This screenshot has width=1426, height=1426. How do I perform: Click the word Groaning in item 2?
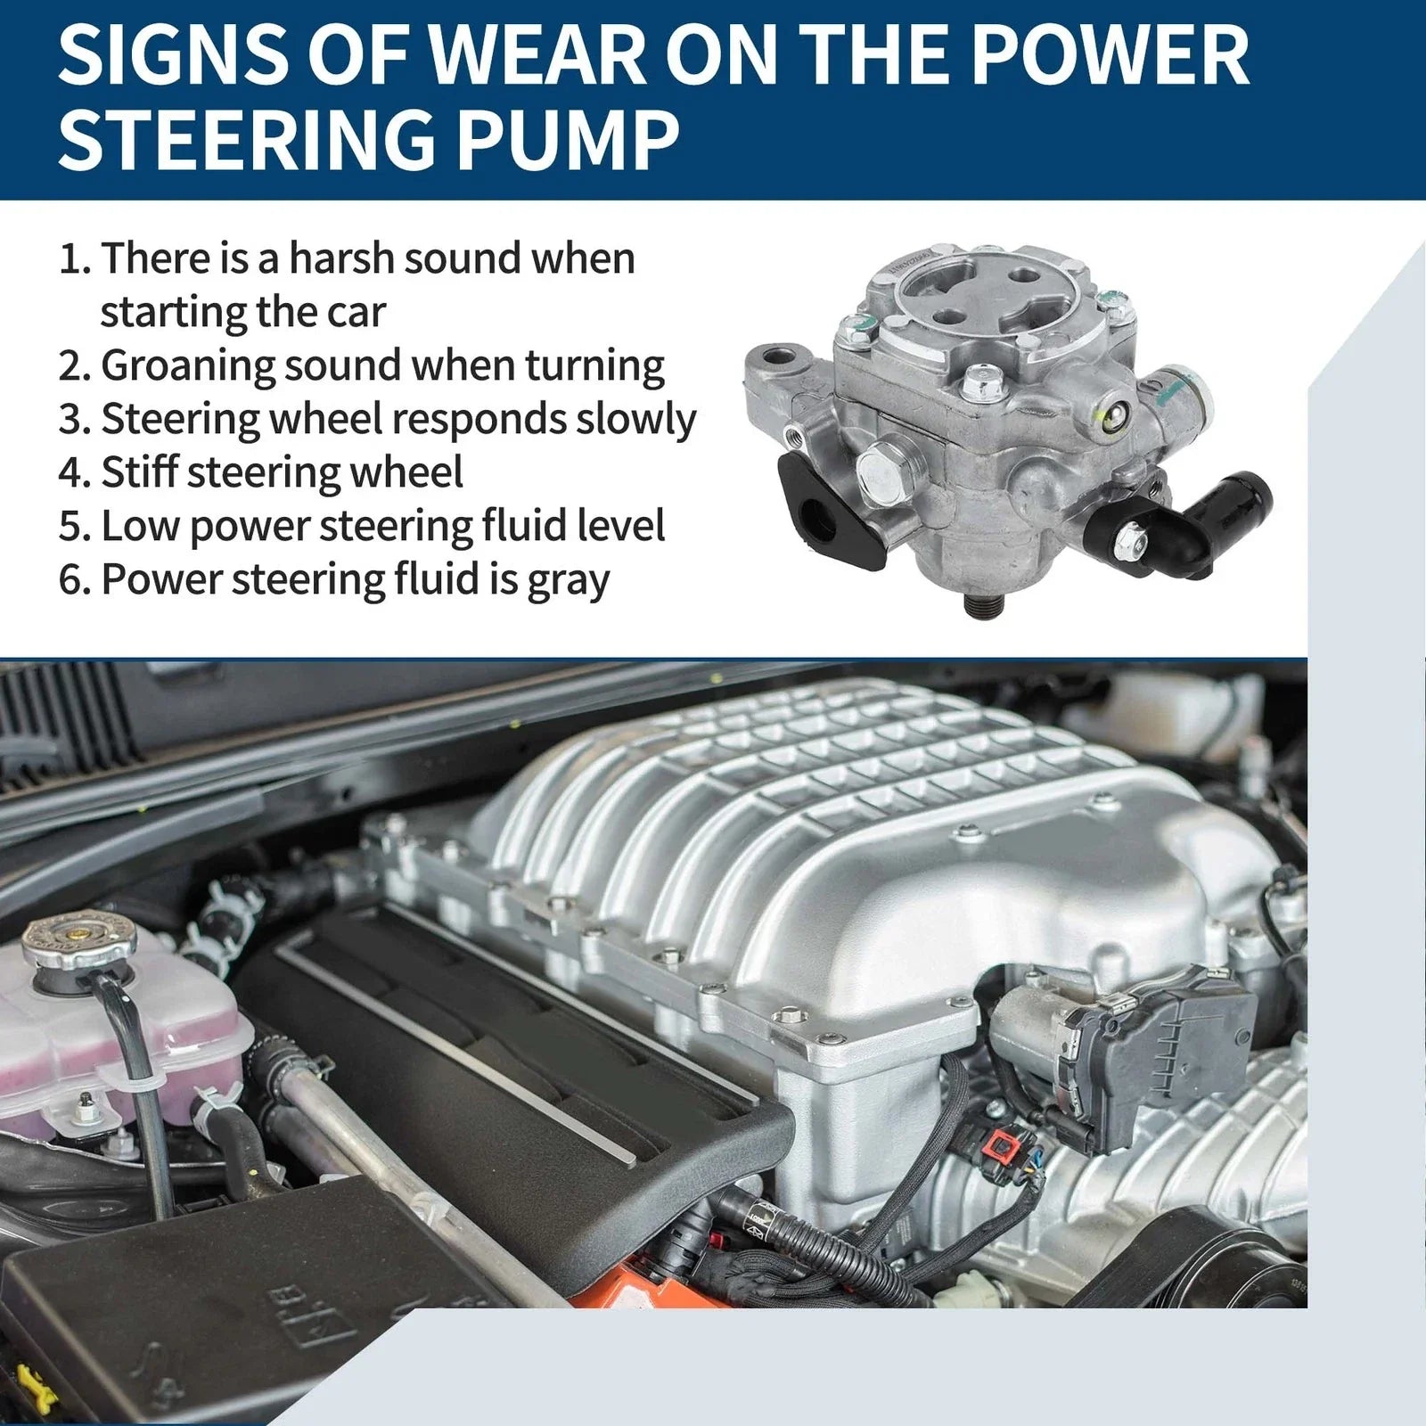pyautogui.click(x=188, y=366)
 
